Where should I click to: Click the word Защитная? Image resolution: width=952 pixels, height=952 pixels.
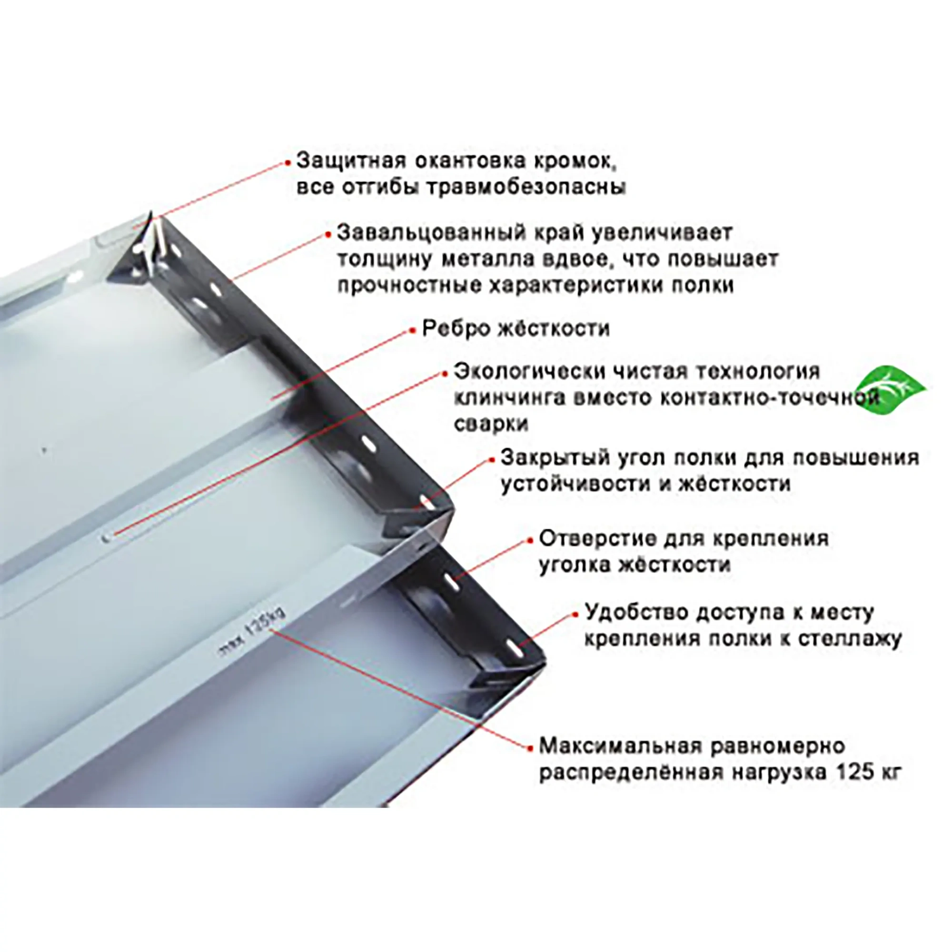pyautogui.click(x=350, y=161)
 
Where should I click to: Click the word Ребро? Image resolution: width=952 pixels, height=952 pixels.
pyautogui.click(x=454, y=328)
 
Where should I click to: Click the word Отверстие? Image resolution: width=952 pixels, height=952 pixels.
pyautogui.click(x=592, y=538)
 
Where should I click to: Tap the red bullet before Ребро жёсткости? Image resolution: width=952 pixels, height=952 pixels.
pyautogui.click(x=413, y=331)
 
